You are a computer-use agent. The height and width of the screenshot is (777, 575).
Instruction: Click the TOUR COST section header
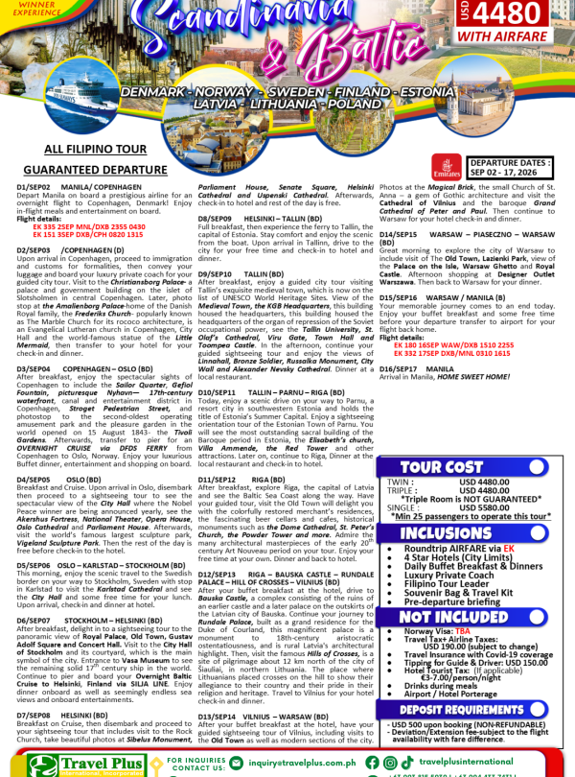(470, 466)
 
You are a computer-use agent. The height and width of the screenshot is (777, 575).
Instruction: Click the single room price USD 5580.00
(484, 508)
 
